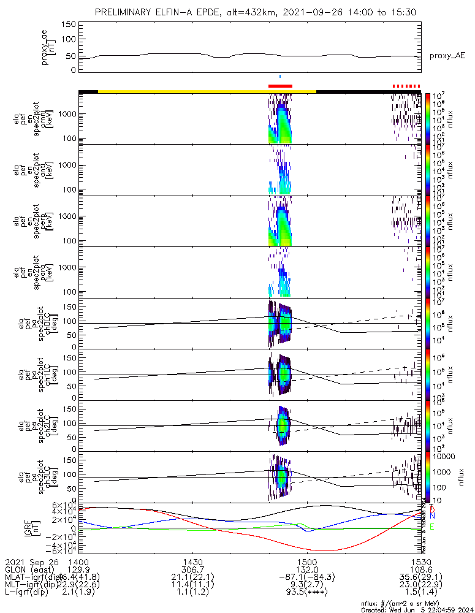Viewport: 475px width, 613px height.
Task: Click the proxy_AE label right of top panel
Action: point(447,56)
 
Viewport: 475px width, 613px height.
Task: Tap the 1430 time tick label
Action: point(192,561)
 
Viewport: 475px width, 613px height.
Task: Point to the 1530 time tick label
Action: point(420,561)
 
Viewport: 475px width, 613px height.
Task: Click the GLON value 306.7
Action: point(192,569)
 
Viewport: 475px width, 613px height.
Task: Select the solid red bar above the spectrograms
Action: point(281,86)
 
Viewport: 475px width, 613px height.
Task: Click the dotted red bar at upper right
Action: point(406,86)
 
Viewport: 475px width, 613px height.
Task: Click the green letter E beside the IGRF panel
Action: point(432,527)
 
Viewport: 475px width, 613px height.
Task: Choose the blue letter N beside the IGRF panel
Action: point(432,517)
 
